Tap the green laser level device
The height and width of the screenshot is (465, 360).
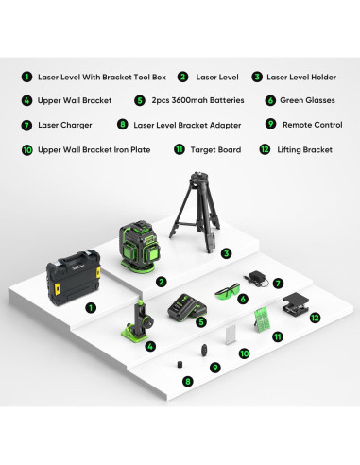tap(139, 247)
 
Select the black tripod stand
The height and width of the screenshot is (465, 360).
tap(196, 212)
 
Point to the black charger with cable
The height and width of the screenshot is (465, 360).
tap(256, 279)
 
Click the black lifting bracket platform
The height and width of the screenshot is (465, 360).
tap(295, 303)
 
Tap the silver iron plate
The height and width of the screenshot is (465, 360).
tap(231, 336)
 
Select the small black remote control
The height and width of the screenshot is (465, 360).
tap(204, 351)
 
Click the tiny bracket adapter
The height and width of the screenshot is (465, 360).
tap(180, 364)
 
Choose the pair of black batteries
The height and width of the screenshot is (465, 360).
tap(187, 306)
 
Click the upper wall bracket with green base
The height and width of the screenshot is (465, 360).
tap(137, 320)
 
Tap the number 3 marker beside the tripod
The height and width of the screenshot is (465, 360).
tap(226, 253)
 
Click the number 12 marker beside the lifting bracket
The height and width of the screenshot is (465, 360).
tap(315, 318)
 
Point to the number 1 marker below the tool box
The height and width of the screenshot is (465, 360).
tap(91, 307)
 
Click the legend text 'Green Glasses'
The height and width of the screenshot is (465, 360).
tap(307, 100)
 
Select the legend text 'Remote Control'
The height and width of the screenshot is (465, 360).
tap(313, 125)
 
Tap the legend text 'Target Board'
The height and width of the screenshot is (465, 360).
tap(215, 149)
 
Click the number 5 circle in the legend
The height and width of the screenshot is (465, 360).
tap(140, 100)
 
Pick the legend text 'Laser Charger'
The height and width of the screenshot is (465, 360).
tap(65, 125)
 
